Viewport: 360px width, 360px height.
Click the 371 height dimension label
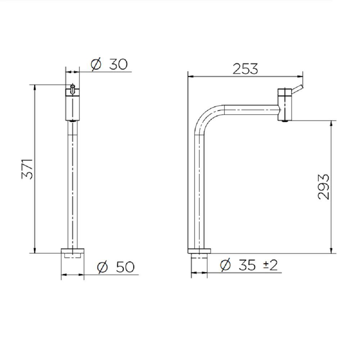coord(27,169)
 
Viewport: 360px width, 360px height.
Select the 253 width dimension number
coord(245,69)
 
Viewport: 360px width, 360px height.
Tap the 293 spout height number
coord(324,186)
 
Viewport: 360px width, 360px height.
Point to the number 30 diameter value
coord(118,64)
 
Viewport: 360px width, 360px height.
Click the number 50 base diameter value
coord(125,267)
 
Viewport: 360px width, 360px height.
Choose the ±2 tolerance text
coord(270,265)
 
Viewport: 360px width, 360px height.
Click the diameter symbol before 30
coord(96,64)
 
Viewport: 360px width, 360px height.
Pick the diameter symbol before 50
coord(102,267)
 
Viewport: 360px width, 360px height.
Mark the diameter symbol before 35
coord(225,265)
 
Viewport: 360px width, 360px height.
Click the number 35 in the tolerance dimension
coord(247,265)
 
